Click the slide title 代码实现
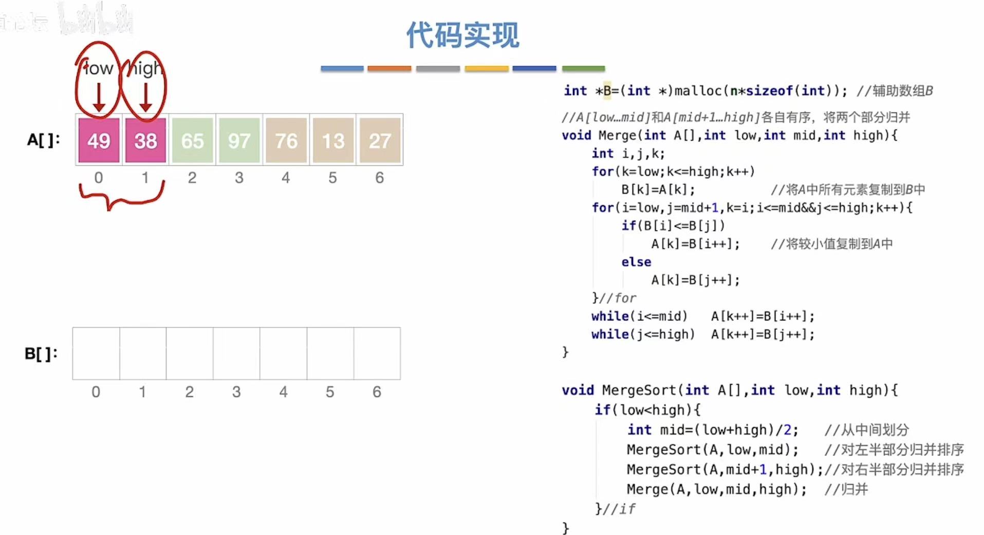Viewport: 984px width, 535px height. pos(462,35)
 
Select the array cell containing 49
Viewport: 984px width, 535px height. pos(99,140)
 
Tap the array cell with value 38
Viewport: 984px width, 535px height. pos(145,140)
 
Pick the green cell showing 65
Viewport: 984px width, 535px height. pos(192,140)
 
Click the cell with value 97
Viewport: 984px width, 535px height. pos(239,140)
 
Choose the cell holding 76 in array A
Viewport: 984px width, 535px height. pos(286,140)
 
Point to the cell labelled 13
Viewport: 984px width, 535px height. pos(333,140)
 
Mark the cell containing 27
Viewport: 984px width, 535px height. pos(380,140)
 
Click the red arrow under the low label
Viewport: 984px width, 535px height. pos(99,98)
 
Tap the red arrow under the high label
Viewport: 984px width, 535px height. pos(145,98)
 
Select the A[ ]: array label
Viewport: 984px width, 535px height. pos(44,140)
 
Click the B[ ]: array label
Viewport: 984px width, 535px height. pos(41,354)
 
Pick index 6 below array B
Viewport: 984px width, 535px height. pos(377,392)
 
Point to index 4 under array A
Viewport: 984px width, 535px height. pos(286,178)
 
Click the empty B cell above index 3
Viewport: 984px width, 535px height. pos(236,354)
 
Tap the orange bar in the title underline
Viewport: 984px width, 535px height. pos(389,68)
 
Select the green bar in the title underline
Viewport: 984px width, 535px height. pos(583,68)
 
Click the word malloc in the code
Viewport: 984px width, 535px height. pos(698,91)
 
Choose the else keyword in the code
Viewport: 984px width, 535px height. pos(636,262)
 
